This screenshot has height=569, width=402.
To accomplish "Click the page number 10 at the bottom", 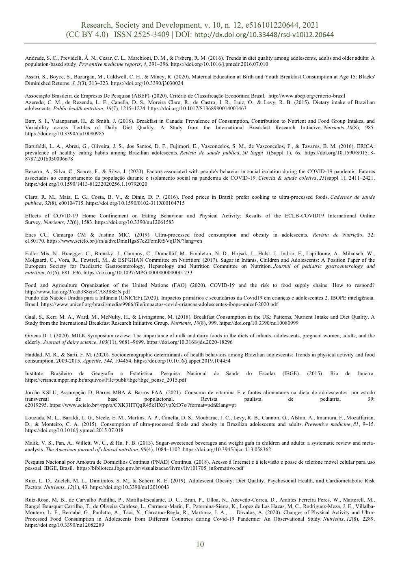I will (x=200, y=545).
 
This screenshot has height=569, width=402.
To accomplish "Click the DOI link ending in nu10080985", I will (x=65, y=133).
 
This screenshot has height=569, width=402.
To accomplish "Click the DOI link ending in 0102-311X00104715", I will (x=135, y=203).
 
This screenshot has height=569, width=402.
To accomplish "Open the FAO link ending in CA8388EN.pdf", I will (x=78, y=291).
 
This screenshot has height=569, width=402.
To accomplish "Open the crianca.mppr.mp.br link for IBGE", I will (x=106, y=380).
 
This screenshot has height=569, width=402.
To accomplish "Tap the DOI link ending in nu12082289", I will (x=65, y=525).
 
